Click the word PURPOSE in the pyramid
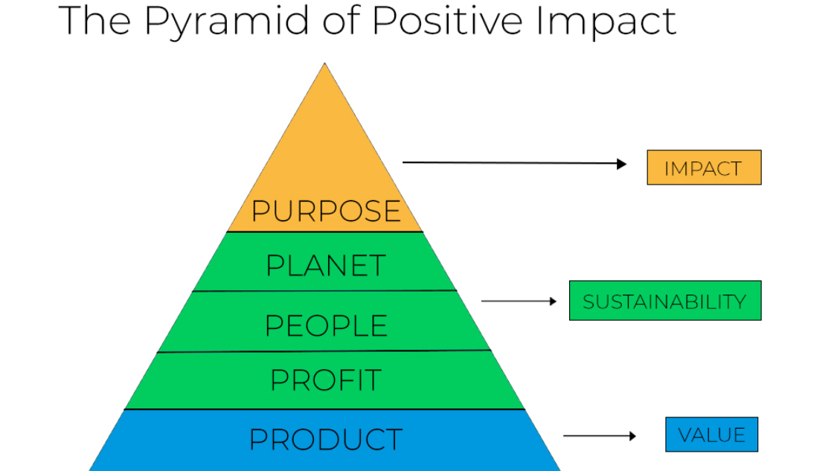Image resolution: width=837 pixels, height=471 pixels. point(326,211)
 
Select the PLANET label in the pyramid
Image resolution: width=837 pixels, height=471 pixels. point(326,266)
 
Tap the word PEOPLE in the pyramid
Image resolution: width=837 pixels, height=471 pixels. point(326,326)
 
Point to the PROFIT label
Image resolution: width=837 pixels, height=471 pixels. point(326,380)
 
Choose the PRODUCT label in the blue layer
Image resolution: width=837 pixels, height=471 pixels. point(326,439)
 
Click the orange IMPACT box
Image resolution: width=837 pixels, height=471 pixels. point(704,167)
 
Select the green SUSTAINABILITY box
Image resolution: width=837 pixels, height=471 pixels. point(664,301)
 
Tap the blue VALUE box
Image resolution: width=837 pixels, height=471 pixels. point(711,435)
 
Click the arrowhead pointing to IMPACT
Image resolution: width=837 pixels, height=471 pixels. point(623,164)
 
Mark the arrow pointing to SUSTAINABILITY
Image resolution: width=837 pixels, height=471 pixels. point(519,301)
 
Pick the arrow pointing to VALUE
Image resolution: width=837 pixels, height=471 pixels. point(600,435)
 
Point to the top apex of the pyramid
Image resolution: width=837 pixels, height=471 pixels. point(324,65)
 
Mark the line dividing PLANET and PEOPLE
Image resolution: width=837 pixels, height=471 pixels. point(324,291)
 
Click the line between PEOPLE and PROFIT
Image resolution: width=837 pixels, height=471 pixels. point(324,351)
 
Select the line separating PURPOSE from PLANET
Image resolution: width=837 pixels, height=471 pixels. point(324,232)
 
